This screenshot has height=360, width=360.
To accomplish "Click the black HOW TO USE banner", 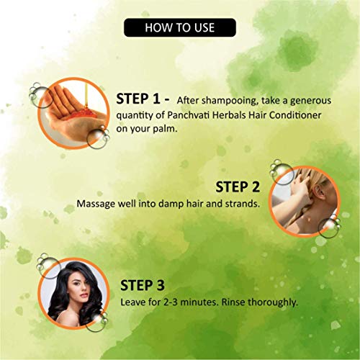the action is (180, 27).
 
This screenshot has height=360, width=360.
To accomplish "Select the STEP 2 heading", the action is (238, 187).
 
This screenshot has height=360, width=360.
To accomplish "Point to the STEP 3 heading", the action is (143, 285).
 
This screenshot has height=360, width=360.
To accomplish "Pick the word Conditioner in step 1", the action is (295, 115).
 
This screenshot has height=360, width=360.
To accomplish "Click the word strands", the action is (243, 204).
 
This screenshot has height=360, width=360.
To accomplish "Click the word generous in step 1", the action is (310, 101).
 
